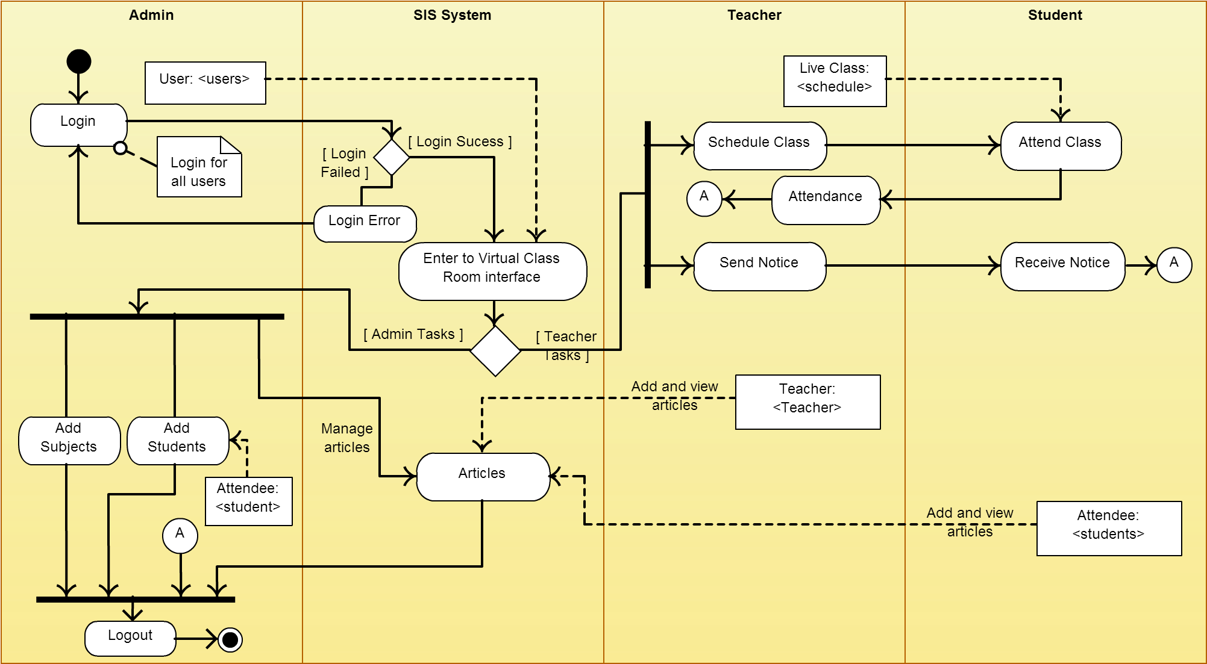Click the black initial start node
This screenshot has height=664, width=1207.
point(79,61)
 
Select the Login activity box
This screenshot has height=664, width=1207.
point(79,125)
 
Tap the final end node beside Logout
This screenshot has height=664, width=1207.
point(230,639)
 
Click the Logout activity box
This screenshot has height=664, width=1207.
point(130,638)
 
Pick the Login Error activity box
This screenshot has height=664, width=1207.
point(365,223)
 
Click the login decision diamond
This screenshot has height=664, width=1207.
point(392,157)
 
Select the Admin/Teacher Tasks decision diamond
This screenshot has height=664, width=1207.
point(495,351)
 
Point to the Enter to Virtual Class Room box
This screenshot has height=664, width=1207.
point(492,271)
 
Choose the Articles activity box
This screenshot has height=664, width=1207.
point(483,476)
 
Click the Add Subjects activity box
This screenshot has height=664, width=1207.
point(69,440)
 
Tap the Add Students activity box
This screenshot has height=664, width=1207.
point(178,440)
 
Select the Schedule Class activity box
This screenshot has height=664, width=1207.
point(759,146)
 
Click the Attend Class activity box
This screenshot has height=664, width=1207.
point(1061,146)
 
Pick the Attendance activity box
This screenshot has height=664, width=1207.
point(826,200)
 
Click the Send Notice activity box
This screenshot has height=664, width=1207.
point(759,266)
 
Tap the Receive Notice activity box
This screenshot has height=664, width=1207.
point(1062,266)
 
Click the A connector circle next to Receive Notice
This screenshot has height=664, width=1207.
point(1174,265)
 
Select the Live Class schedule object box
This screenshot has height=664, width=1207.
point(835,81)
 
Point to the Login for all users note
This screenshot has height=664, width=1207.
point(199,168)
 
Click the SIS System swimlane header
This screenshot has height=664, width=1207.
point(452,15)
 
